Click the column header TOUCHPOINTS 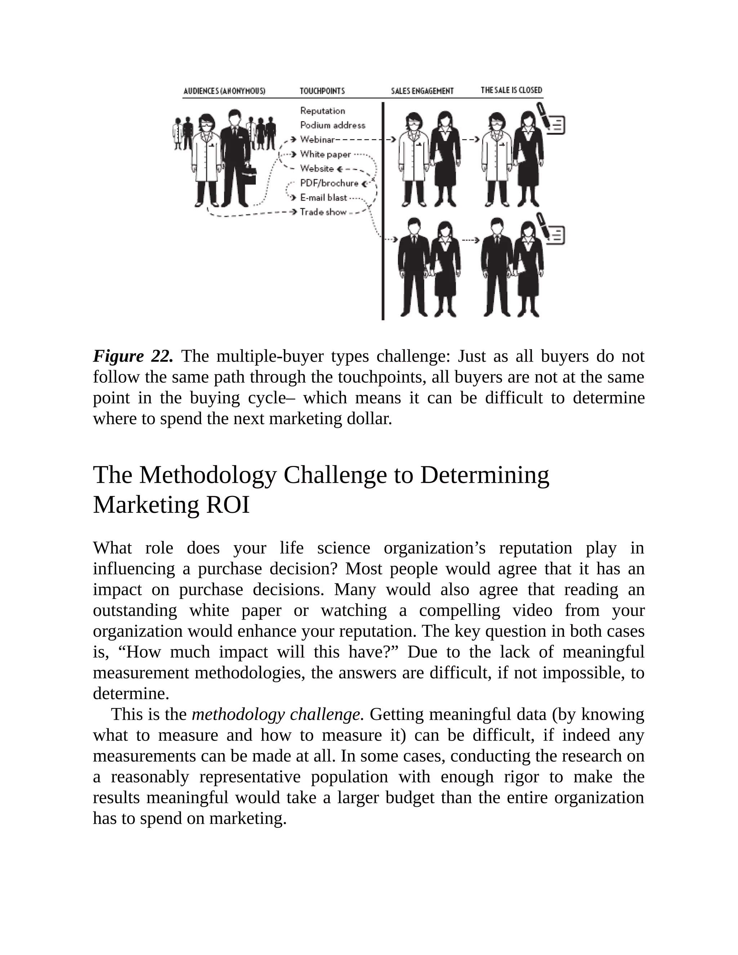[x=322, y=91]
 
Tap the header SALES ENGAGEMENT [x=422, y=91]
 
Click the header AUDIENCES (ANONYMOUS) [x=224, y=91]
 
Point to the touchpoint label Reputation [x=322, y=111]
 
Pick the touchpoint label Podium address [x=332, y=125]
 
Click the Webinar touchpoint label [x=317, y=139]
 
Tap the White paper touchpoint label [x=325, y=154]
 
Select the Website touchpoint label [x=316, y=169]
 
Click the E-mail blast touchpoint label [x=323, y=197]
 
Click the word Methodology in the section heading [x=208, y=475]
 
